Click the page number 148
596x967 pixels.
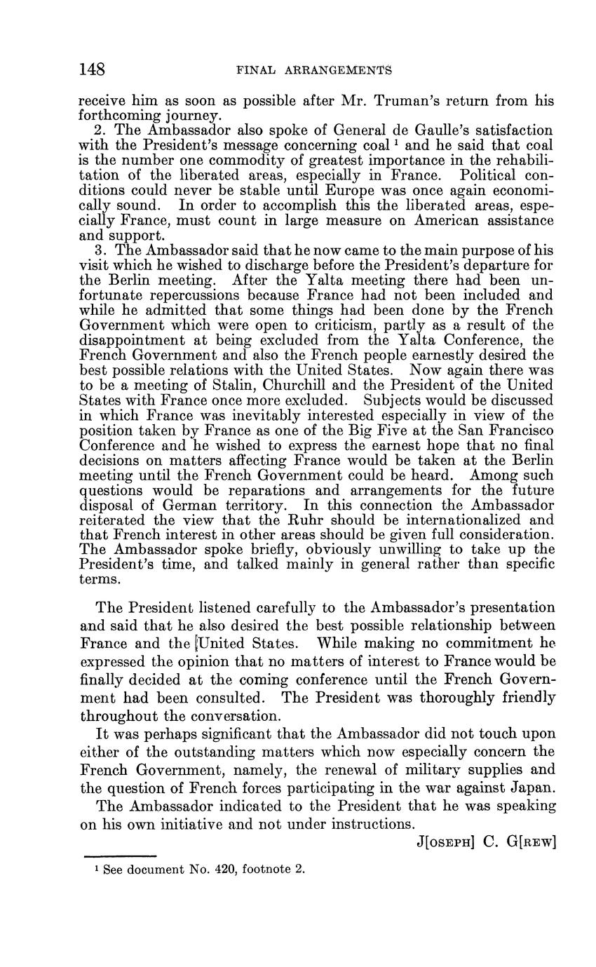coord(93,69)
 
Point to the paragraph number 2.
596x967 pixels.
coord(98,130)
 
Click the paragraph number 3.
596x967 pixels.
coord(98,250)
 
